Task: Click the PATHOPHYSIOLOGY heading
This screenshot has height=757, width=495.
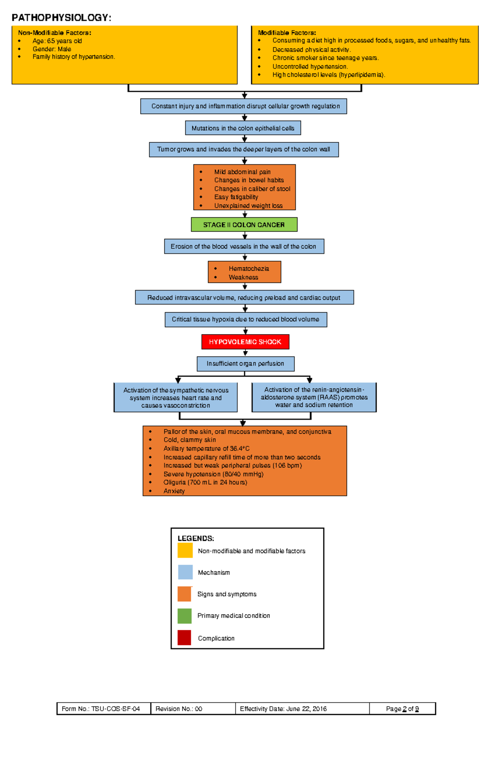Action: [61, 17]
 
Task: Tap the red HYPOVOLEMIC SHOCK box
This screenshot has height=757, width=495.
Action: [245, 342]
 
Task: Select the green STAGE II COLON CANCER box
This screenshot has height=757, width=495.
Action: [244, 225]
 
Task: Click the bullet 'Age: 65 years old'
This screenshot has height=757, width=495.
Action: [57, 41]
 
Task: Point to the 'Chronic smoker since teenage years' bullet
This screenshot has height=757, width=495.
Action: [325, 58]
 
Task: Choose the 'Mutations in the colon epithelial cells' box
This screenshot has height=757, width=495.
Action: [243, 128]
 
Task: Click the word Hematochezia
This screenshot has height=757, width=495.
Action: [249, 269]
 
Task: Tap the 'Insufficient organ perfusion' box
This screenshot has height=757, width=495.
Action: [245, 363]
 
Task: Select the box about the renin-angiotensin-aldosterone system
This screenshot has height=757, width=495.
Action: [314, 397]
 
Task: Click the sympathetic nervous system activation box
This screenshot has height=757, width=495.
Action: [176, 398]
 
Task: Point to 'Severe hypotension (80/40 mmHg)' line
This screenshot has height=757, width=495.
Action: [213, 474]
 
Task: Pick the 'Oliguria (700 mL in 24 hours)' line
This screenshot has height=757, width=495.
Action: [205, 482]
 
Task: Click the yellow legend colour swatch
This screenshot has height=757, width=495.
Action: [185, 550]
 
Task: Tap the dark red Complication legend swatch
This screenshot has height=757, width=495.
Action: [184, 637]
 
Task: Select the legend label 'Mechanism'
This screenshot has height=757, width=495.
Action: [214, 573]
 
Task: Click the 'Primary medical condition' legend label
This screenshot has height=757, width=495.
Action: [233, 616]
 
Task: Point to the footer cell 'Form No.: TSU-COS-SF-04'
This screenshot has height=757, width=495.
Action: [101, 709]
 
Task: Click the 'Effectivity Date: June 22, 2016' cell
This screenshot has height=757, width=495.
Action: [283, 709]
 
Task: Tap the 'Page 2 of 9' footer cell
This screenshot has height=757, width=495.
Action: [402, 709]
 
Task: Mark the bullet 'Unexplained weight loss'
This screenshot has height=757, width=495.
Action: [248, 205]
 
